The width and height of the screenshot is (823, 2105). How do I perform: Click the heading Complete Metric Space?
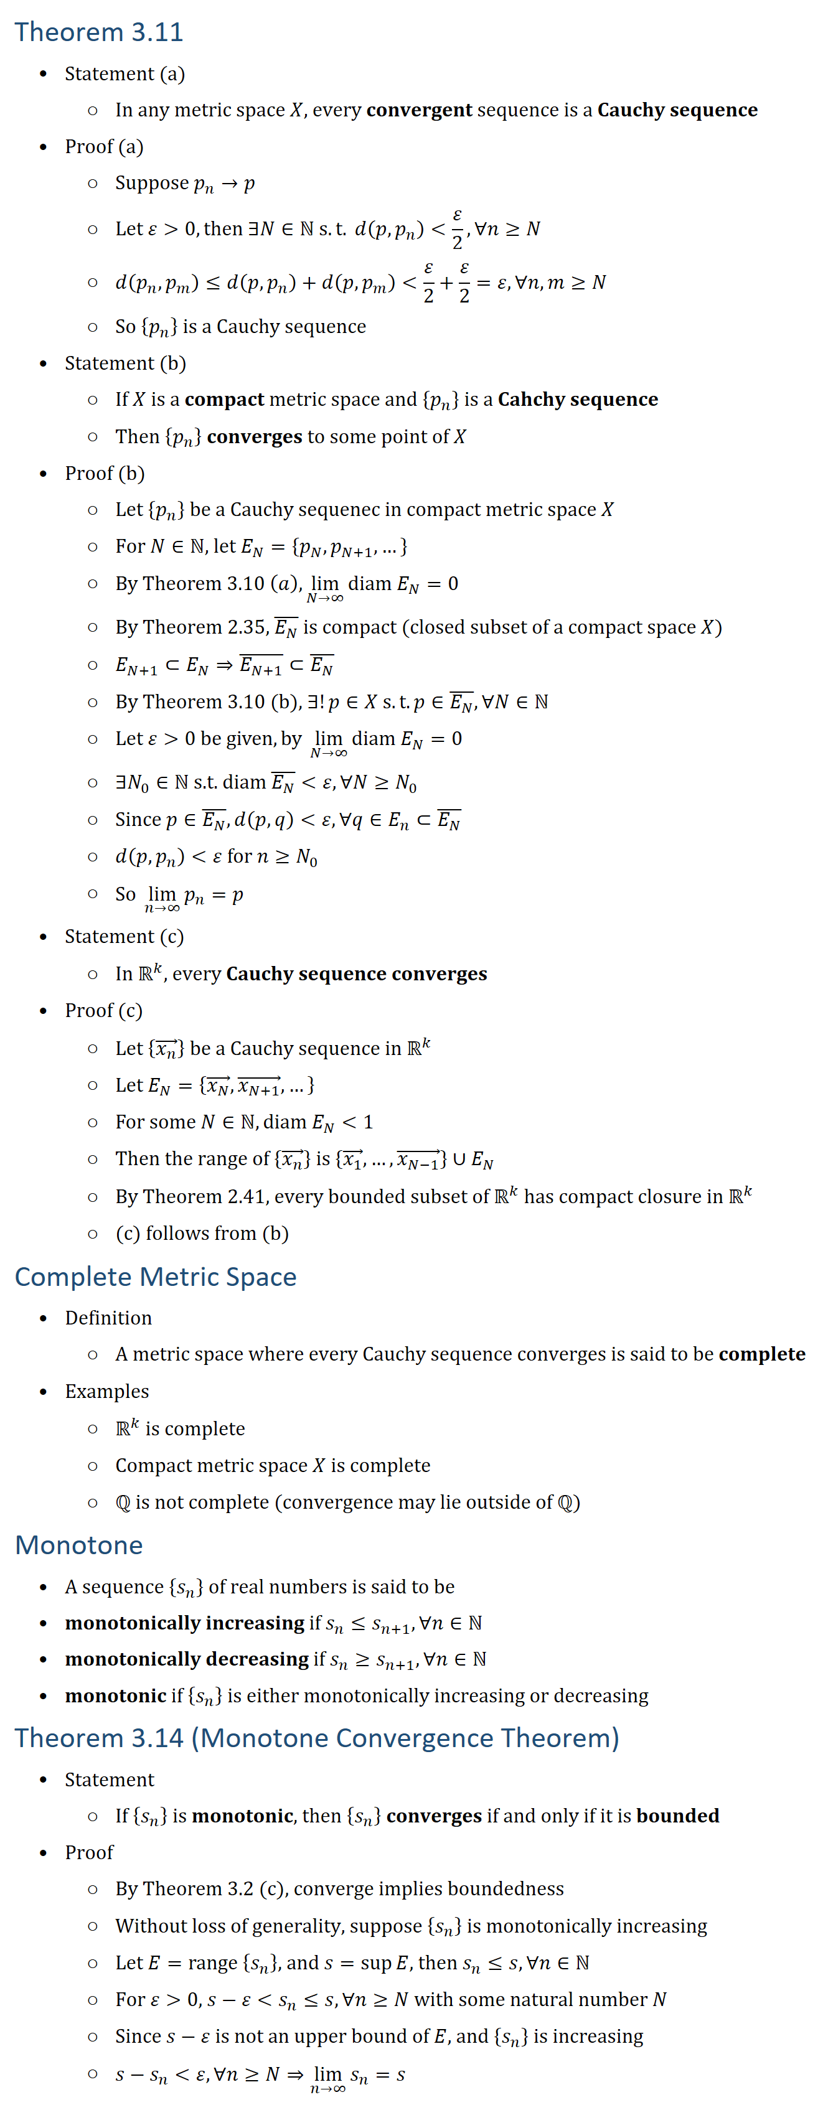[x=155, y=1277]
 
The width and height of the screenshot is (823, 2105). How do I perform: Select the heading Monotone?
[x=78, y=1544]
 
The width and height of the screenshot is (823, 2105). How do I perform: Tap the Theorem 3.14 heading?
[x=316, y=1737]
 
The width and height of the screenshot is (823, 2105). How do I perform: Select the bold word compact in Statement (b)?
[x=224, y=400]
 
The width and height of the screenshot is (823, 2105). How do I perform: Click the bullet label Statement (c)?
[x=125, y=937]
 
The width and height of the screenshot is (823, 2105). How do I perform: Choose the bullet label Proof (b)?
[x=105, y=474]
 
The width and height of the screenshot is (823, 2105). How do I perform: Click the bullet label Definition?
[x=109, y=1318]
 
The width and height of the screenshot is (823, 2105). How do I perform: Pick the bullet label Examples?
[x=107, y=1392]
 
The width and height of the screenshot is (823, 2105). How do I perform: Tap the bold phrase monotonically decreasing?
[x=186, y=1659]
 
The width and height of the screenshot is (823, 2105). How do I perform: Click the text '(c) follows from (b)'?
[x=202, y=1233]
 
